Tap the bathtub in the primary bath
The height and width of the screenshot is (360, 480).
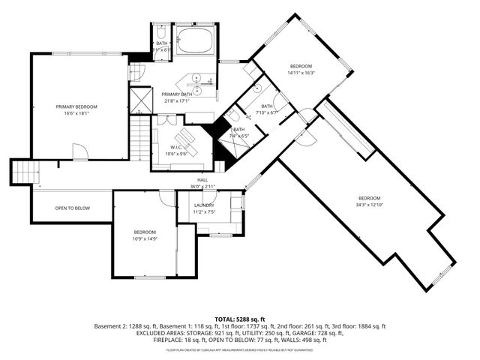(x=196, y=41)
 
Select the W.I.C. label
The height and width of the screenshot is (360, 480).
(x=178, y=147)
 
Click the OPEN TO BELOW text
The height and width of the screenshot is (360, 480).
(x=73, y=208)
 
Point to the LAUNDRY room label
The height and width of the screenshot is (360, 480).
(x=204, y=205)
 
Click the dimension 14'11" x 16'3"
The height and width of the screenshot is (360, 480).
(x=301, y=73)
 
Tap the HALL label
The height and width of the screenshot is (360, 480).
(x=202, y=180)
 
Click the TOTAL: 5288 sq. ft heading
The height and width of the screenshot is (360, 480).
(x=239, y=318)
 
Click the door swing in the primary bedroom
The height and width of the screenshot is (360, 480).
(x=80, y=152)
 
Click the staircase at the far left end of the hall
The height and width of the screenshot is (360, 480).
(x=25, y=173)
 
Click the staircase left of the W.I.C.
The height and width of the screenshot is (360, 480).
(x=140, y=141)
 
